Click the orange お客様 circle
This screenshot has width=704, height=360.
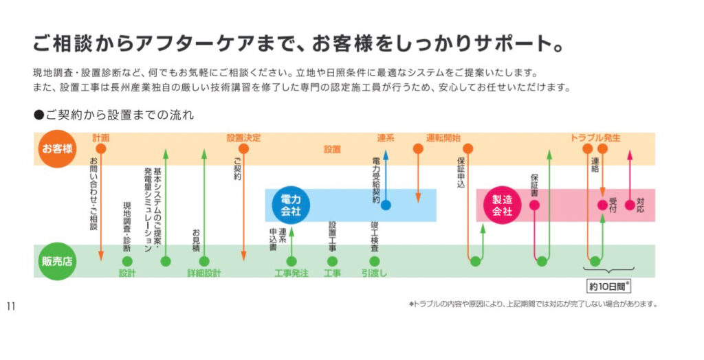(56, 148)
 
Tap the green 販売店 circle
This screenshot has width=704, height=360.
(56, 261)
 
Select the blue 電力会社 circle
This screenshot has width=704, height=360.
(291, 205)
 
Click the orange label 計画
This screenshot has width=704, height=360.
(101, 138)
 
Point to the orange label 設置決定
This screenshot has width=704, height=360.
(243, 138)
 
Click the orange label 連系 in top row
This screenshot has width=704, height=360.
(386, 138)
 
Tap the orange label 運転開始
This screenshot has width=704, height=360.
(443, 138)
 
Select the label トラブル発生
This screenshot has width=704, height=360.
(595, 138)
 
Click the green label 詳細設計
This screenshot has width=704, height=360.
(204, 273)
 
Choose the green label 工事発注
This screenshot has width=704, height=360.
(291, 273)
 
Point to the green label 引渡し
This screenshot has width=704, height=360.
(375, 273)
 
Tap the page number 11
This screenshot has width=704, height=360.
(11, 306)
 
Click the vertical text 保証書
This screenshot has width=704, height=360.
(535, 185)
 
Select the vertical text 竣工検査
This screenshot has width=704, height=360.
(375, 234)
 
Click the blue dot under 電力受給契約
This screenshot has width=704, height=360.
(386, 205)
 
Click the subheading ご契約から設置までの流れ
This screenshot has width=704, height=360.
(113, 115)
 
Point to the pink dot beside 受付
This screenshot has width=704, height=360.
(602, 205)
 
